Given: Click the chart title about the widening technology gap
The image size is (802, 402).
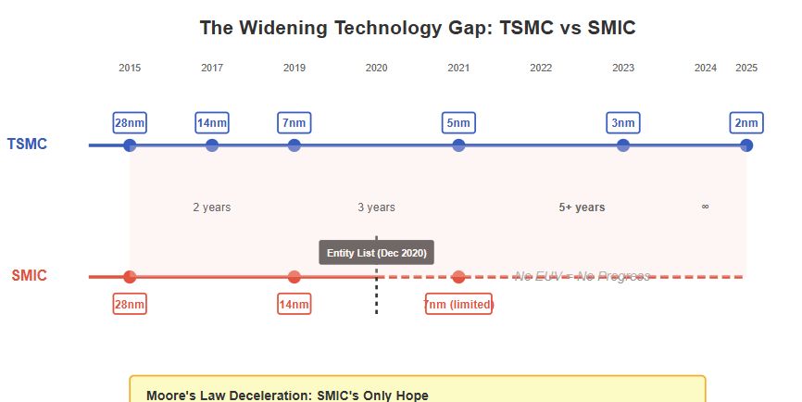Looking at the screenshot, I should [418, 28].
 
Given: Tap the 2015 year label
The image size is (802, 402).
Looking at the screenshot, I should [130, 68].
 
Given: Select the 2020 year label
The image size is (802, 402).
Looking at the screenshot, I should [376, 68].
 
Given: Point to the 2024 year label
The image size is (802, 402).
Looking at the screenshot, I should [705, 68].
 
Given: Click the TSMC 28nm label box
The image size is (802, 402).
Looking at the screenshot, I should [130, 122].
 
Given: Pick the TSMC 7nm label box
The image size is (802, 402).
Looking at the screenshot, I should [294, 122].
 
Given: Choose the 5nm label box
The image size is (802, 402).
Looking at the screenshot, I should [458, 122].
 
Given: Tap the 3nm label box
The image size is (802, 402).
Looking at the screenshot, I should [623, 122].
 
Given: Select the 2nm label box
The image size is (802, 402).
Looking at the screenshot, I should [746, 122].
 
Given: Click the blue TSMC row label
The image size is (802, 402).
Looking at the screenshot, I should [27, 144].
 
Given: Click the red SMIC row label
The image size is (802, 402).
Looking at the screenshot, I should [29, 276].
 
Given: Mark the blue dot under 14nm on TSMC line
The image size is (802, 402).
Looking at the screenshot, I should [212, 145].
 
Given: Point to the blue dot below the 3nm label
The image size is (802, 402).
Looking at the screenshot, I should [623, 145].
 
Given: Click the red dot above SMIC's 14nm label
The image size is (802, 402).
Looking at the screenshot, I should [294, 277].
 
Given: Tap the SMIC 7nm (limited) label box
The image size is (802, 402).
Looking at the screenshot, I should [458, 305].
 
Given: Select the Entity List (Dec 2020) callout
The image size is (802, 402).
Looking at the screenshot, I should [376, 253].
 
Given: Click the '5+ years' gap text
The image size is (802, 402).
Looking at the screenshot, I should [582, 207].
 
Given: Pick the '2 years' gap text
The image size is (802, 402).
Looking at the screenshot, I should [212, 207].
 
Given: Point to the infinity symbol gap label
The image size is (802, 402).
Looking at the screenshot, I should [705, 207].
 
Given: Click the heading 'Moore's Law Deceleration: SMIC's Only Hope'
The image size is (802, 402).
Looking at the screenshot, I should [287, 396].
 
